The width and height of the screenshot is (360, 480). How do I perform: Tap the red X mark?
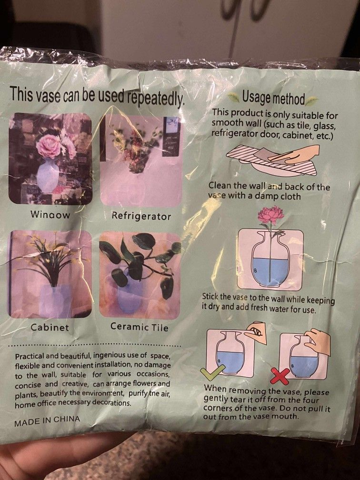pos(280,376)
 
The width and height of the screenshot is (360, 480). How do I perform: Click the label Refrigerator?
pos(141,216)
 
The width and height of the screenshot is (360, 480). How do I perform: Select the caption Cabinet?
pos(50,328)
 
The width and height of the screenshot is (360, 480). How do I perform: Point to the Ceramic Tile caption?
pos(139,327)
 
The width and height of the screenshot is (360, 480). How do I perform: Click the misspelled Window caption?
pos(50,215)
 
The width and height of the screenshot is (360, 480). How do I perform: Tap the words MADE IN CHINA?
pos(47,420)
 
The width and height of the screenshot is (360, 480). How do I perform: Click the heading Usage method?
pos(273,98)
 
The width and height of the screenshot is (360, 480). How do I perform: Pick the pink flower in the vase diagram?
pos(270,215)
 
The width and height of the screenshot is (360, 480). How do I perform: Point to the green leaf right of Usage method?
pos(311,101)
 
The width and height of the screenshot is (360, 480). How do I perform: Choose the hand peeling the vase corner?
pos(256,332)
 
